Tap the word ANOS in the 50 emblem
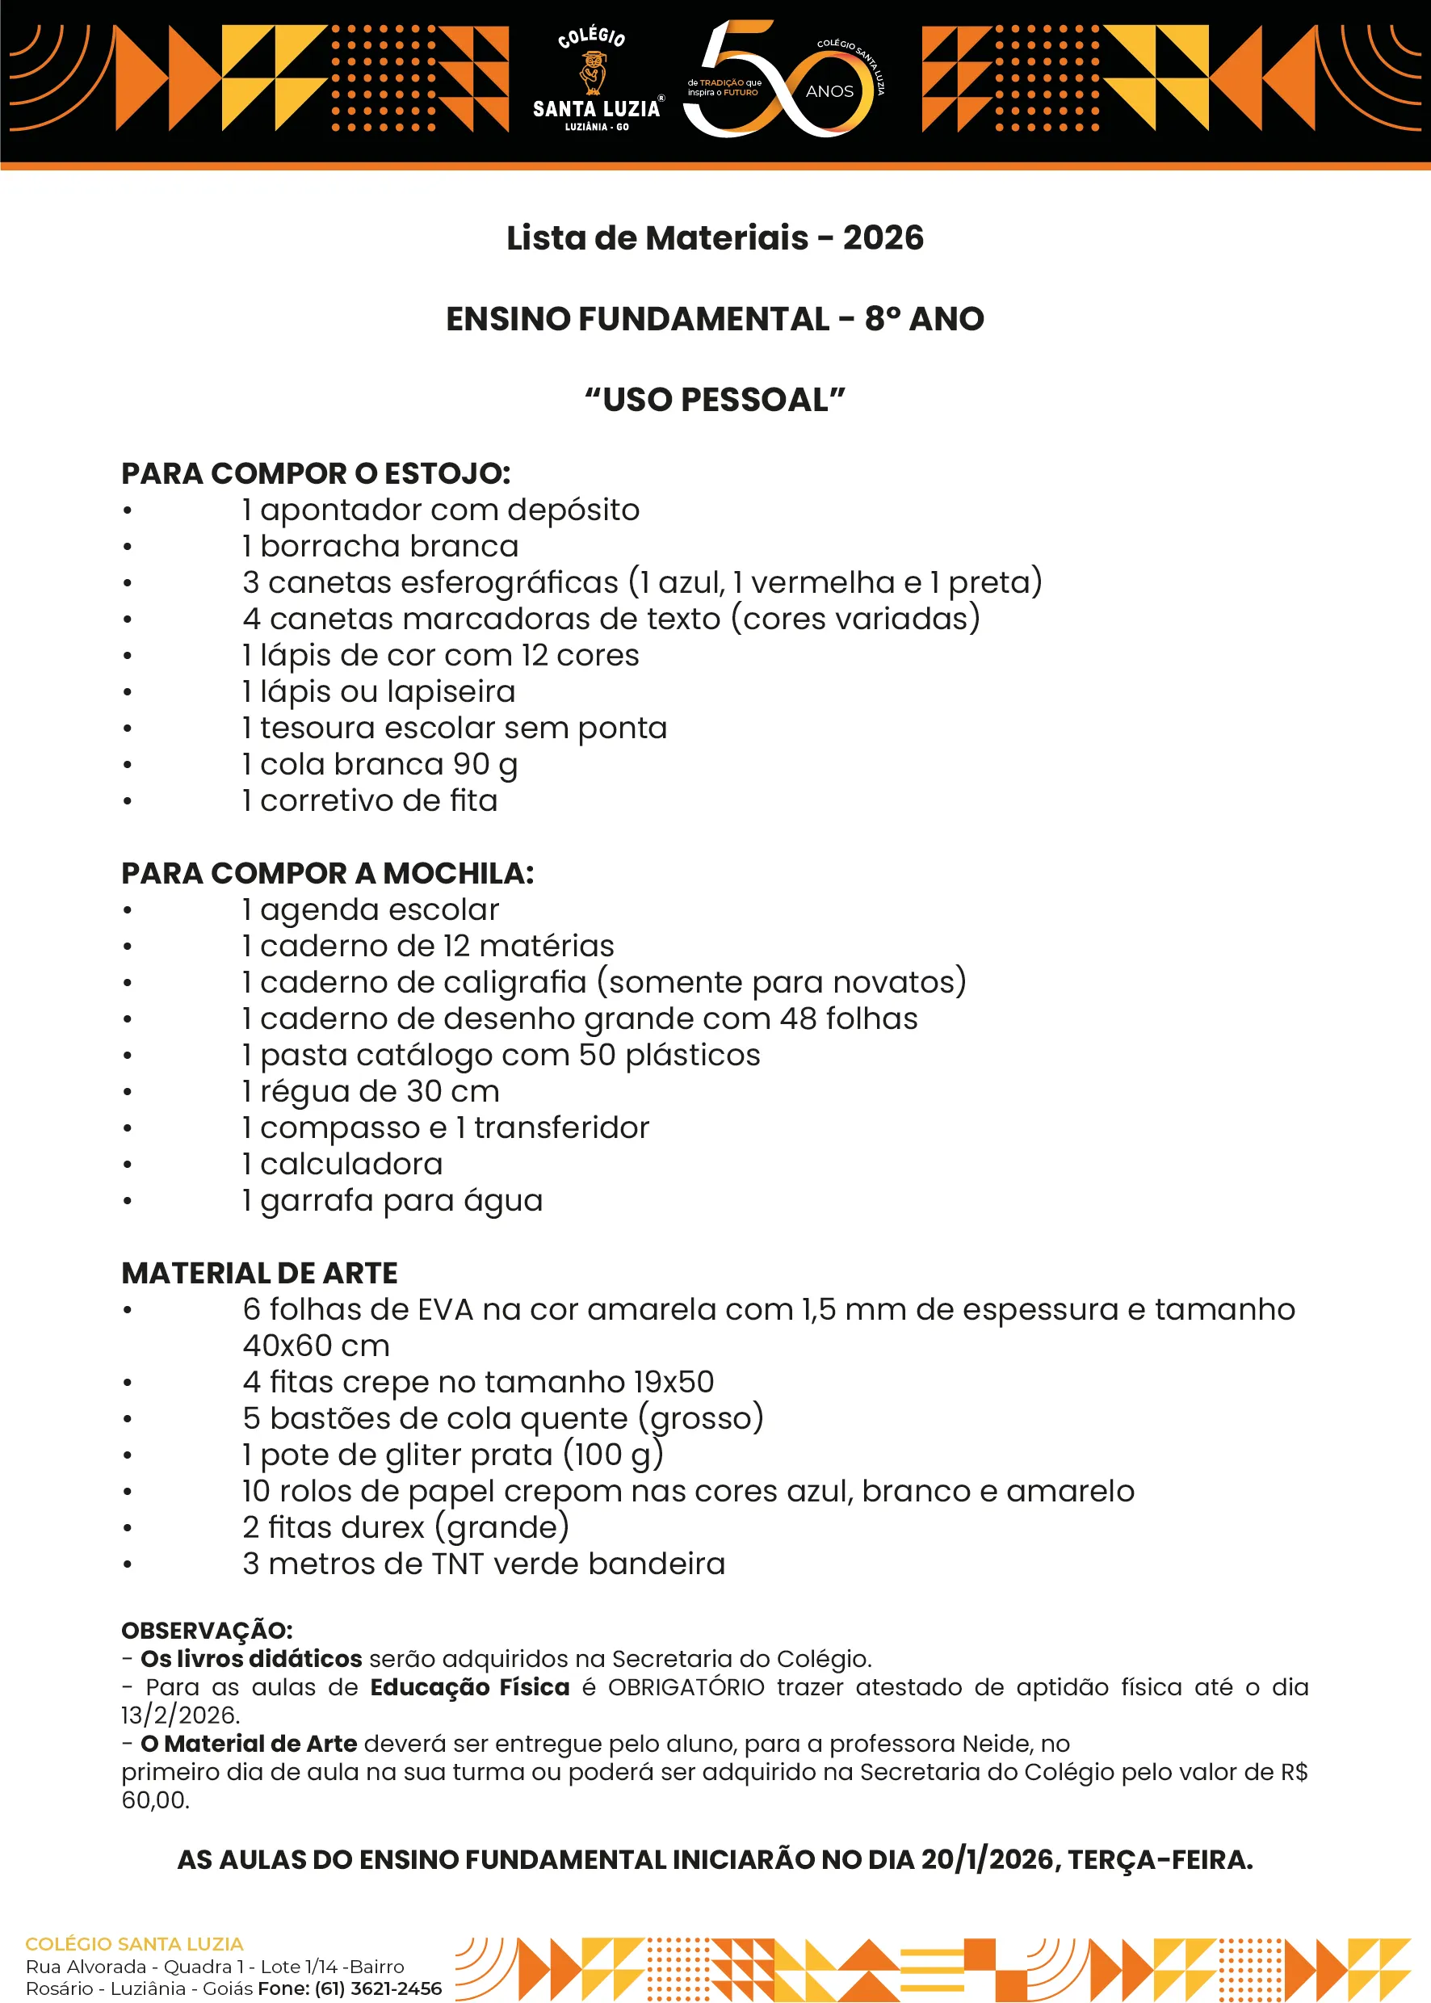pos(829,91)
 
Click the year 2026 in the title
pos(883,238)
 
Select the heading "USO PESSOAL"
pos(715,400)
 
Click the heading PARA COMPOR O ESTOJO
pos(316,474)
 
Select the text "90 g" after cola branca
pos(485,765)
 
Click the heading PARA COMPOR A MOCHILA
pos(327,873)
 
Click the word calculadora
pos(350,1164)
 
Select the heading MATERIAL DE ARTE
pos(259,1274)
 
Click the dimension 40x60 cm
pos(316,1346)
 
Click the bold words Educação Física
pos(470,1687)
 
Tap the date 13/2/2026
pos(179,1715)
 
